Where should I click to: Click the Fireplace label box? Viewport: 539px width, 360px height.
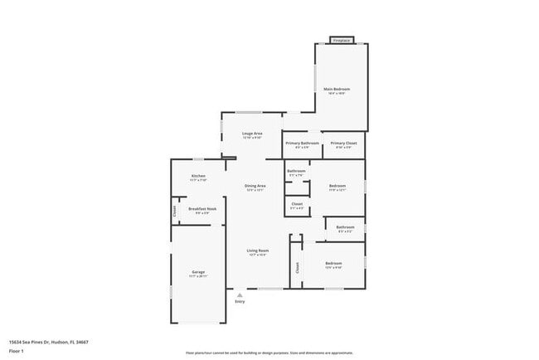[x=341, y=40]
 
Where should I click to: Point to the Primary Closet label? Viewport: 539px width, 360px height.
[x=342, y=144]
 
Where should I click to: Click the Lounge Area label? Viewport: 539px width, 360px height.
[x=252, y=134]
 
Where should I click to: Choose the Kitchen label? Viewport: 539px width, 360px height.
[x=198, y=176]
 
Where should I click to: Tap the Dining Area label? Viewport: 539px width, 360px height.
[x=255, y=186]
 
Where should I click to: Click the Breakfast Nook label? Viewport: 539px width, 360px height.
[x=202, y=209]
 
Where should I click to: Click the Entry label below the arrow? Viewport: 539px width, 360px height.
[x=240, y=302]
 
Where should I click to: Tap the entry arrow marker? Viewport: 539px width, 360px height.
[x=240, y=294]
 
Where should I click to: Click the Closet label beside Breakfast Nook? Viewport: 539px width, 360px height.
[x=175, y=211]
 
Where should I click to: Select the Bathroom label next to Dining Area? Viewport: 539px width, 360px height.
[x=296, y=173]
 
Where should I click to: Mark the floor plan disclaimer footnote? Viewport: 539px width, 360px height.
[x=269, y=353]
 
